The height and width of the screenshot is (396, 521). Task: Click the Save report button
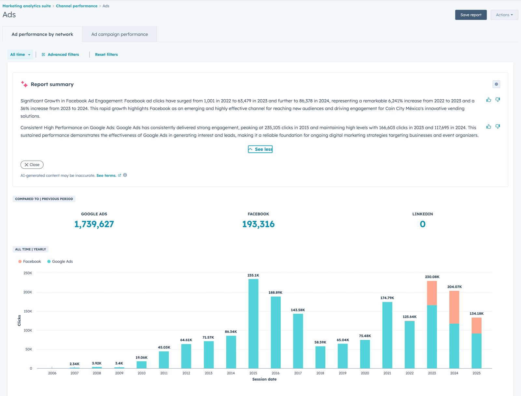click(471, 15)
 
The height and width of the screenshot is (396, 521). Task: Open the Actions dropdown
click(504, 15)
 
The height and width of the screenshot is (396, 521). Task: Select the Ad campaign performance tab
click(120, 34)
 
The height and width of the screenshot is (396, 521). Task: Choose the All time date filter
click(20, 54)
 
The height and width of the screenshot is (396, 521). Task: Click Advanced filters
click(60, 54)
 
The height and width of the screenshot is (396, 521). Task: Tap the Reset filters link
click(106, 54)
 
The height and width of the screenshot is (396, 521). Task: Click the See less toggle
click(260, 149)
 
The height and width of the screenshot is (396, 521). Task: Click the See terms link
click(106, 176)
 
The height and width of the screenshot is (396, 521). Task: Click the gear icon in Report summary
click(496, 84)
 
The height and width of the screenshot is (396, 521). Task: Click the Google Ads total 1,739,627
click(94, 224)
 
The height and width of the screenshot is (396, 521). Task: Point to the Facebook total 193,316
click(258, 224)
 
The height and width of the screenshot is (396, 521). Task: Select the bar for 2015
click(253, 324)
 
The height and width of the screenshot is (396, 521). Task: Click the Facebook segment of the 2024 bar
click(454, 307)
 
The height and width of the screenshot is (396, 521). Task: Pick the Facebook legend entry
click(30, 261)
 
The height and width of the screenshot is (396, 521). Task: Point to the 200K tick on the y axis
click(28, 292)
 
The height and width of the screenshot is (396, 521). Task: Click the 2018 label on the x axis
click(320, 373)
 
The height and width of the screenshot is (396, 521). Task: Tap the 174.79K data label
click(387, 298)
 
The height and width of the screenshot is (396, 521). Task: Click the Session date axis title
click(264, 379)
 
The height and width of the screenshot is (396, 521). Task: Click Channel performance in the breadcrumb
click(77, 6)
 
